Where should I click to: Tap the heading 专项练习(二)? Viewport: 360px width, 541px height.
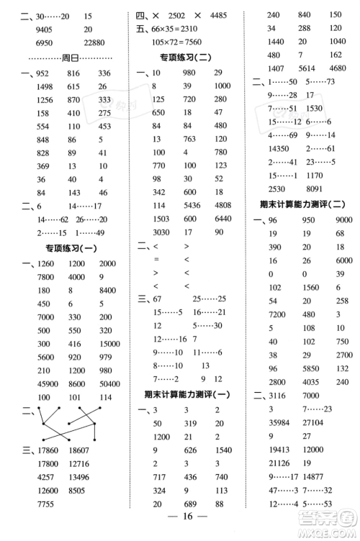[x=185, y=57]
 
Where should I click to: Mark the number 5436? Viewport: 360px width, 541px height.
[x=190, y=204]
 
